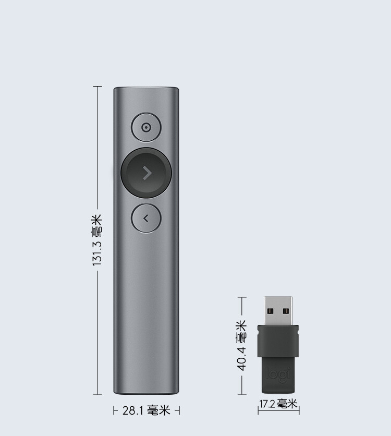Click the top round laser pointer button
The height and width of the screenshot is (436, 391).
pos(146,128)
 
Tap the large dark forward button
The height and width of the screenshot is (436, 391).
pos(146,173)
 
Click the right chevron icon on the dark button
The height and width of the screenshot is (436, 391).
pos(146,173)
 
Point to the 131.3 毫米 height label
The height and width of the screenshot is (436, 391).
pos(97,240)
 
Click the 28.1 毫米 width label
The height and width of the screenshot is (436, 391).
pos(146,410)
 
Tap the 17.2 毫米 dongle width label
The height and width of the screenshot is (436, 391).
pos(278,404)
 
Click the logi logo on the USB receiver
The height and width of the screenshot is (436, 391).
pos(278,373)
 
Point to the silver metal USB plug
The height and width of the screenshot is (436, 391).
pos(278,311)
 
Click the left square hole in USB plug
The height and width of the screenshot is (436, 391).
pos(271,311)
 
